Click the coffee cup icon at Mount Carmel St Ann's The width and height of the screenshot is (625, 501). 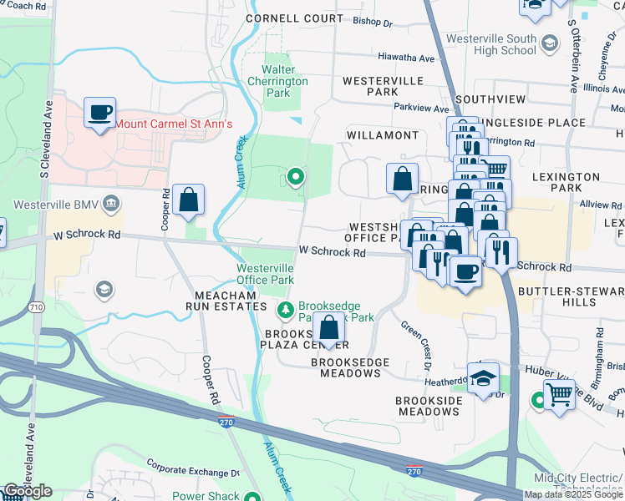click(99, 113)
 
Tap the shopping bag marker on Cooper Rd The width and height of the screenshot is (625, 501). click(189, 200)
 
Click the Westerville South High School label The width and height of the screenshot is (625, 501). click(491, 45)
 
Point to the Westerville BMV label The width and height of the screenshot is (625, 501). click(62, 205)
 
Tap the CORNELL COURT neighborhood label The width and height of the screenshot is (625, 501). click(283, 18)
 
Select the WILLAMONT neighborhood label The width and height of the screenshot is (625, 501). click(384, 135)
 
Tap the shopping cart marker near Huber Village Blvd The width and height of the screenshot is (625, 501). click(559, 394)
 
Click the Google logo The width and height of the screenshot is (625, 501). click(28, 491)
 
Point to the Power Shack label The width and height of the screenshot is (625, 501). click(206, 495)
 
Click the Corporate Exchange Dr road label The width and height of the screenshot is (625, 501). click(192, 467)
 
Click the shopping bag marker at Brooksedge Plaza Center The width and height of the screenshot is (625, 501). click(328, 329)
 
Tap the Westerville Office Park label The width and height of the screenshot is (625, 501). click(265, 273)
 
